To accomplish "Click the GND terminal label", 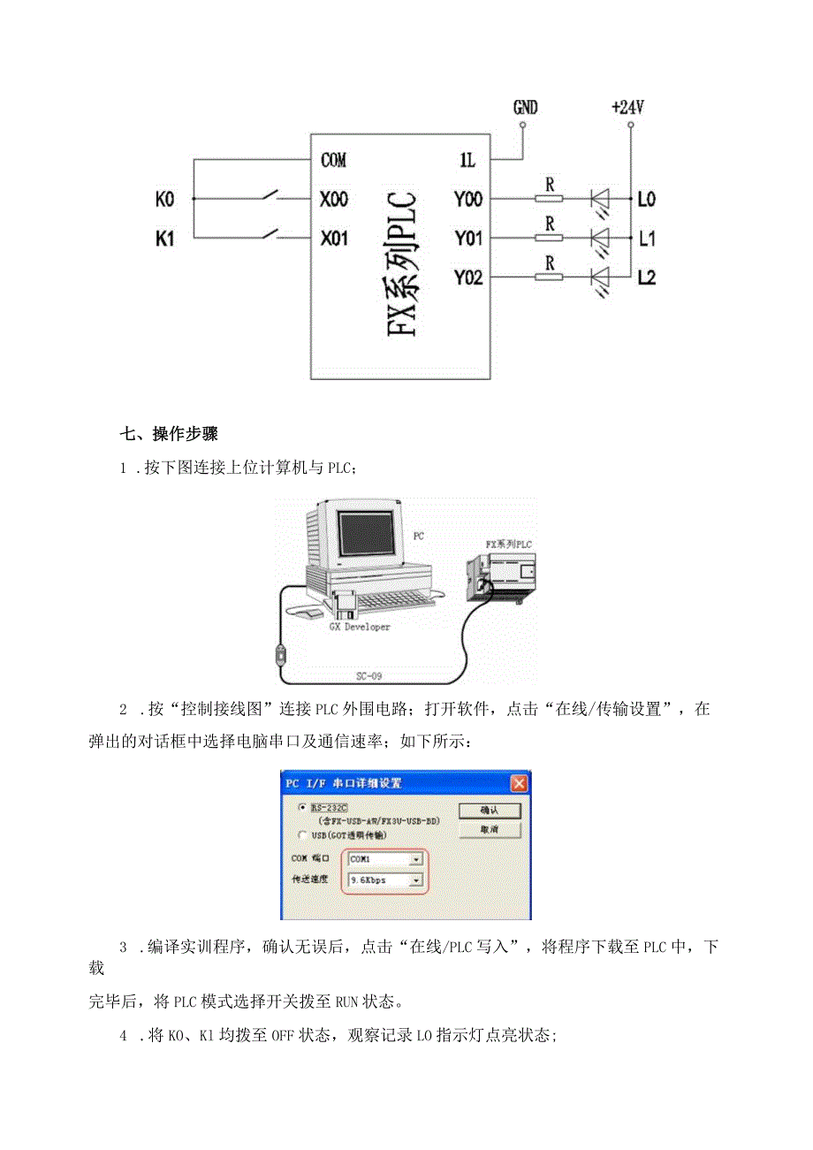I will click(525, 108).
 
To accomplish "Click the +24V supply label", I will click(627, 108).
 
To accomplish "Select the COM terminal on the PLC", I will click(333, 161).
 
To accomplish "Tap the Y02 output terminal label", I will click(467, 278).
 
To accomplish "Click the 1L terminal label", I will click(467, 161).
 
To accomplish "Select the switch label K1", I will click(165, 239).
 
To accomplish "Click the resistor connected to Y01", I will click(550, 238).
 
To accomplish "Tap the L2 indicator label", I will click(647, 278).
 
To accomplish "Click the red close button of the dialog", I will click(520, 782).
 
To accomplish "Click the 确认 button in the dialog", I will click(489, 811).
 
